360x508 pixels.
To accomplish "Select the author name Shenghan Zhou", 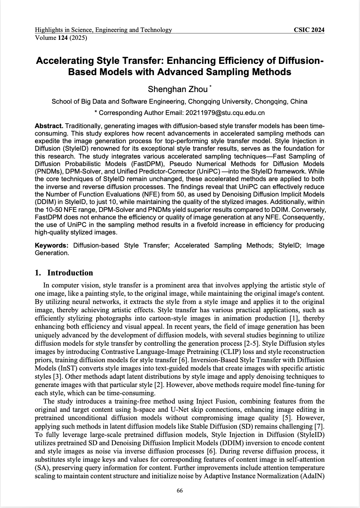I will click(177, 89).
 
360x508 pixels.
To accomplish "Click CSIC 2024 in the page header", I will click(309, 30).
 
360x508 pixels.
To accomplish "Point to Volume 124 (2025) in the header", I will click(61, 38).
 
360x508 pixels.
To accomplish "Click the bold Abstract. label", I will click(49, 125).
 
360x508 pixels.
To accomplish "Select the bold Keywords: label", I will click(51, 245).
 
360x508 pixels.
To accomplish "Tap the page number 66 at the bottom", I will click(180, 490).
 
